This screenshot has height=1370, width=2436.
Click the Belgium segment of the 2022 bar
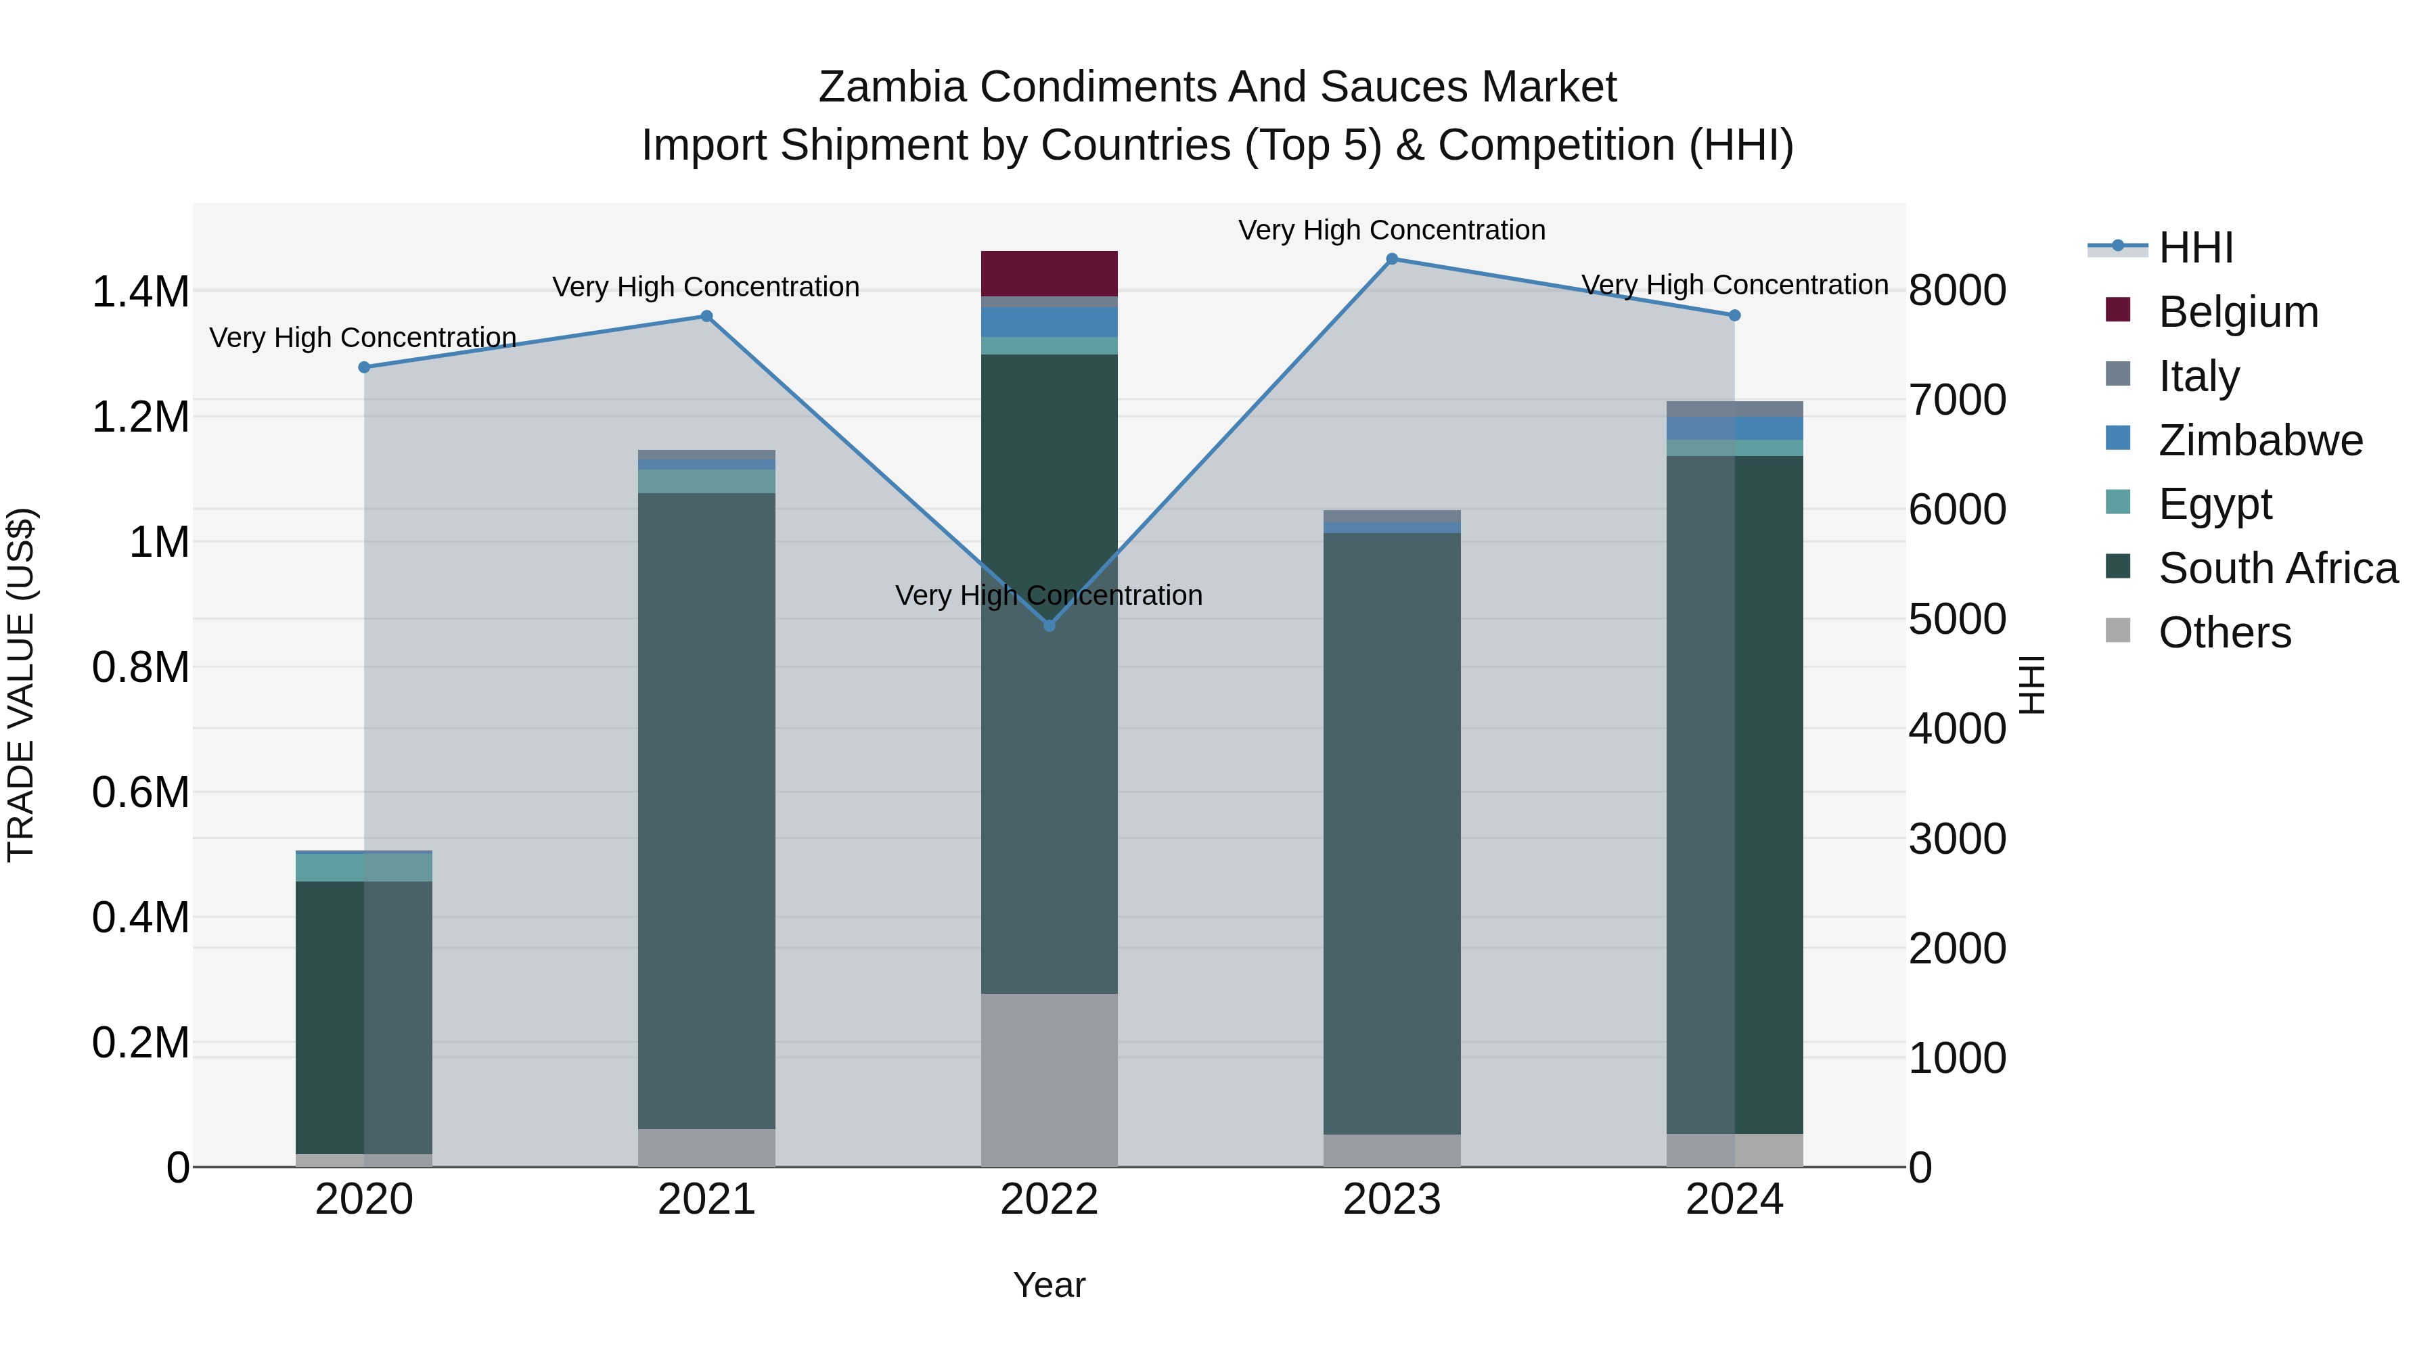pos(1049,273)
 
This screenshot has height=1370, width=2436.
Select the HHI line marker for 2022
pos(1049,625)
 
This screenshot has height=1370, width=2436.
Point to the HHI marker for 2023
pos(1391,259)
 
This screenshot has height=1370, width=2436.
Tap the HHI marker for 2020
pos(364,367)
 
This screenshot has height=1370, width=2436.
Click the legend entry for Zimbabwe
pos(2260,440)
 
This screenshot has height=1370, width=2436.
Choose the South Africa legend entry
pos(2277,568)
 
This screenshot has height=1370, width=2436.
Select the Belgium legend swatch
pos(2118,310)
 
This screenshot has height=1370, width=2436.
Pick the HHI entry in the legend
pos(2196,248)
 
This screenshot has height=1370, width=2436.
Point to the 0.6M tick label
pos(141,792)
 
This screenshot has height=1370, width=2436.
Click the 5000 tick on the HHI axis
pos(1956,619)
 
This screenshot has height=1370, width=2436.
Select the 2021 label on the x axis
pos(706,1200)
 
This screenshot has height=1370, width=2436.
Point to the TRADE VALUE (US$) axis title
pos(21,685)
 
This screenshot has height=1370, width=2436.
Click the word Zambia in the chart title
pos(892,87)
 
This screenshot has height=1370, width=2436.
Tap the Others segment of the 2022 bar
pos(1049,1079)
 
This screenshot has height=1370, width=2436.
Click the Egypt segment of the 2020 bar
pos(364,867)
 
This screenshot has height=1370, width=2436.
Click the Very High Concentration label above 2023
pos(1391,230)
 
